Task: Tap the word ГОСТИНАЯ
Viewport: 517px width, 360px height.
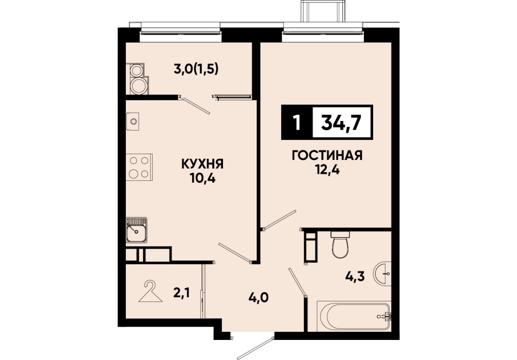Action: [327, 155]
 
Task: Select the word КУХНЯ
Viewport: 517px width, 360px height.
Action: [202, 164]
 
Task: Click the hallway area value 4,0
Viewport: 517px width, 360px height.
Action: [259, 298]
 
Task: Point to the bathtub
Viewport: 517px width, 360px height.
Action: [354, 316]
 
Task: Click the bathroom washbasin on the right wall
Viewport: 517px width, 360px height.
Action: [382, 273]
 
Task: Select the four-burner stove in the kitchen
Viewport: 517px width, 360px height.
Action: [139, 167]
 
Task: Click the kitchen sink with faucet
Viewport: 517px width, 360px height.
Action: [136, 230]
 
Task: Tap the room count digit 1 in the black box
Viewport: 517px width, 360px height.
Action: [297, 123]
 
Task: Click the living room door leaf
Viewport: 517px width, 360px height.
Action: [280, 219]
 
